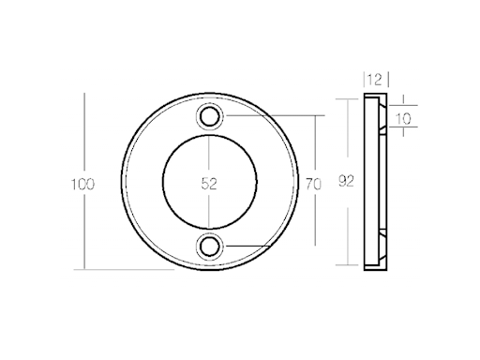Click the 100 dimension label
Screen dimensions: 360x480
[x=82, y=185]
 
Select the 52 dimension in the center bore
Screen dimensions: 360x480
[x=209, y=185]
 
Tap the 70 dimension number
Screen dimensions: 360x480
[x=314, y=185]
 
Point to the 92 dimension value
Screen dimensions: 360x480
[x=348, y=185]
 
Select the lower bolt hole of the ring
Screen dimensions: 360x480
[x=210, y=247]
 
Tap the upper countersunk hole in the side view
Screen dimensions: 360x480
[x=382, y=119]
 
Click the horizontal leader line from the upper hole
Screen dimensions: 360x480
[x=272, y=116]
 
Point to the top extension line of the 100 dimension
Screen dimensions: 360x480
[x=141, y=92]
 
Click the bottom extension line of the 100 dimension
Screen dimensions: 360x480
[x=141, y=270]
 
